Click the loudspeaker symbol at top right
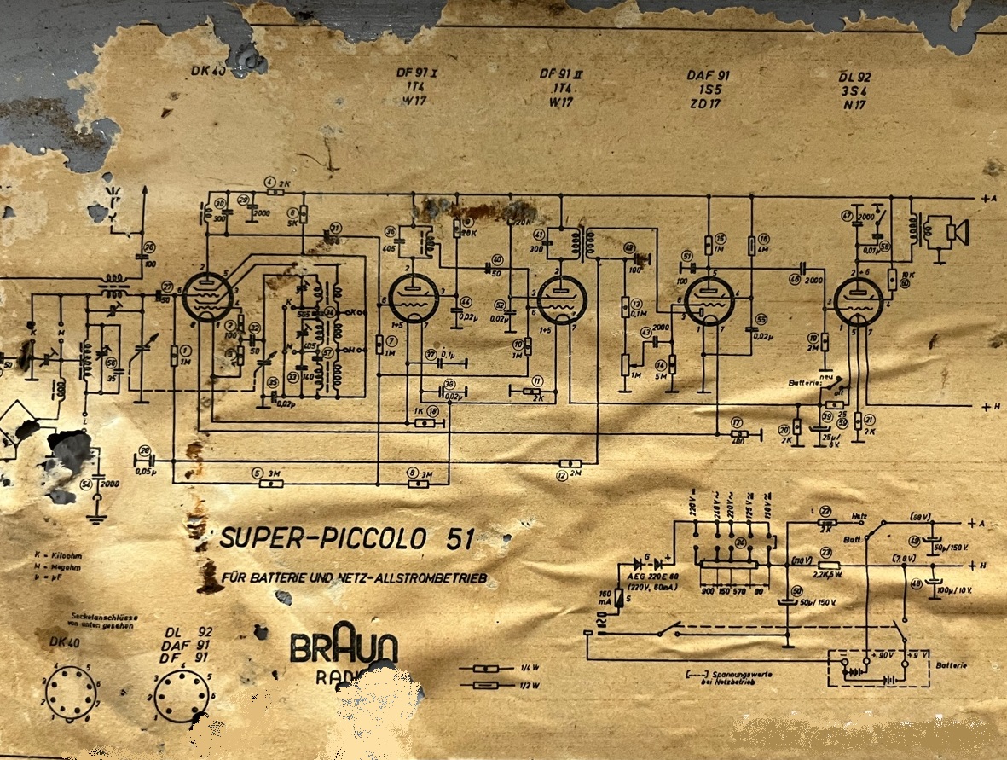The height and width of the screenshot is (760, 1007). click(953, 230)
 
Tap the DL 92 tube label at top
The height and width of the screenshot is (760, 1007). click(854, 77)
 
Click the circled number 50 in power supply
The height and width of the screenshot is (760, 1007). click(796, 591)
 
